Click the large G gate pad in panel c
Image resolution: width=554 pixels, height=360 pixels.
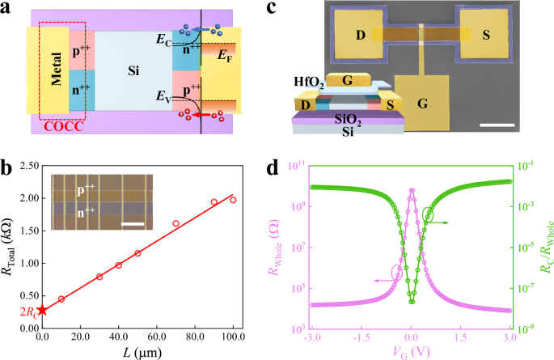pyautogui.click(x=421, y=103)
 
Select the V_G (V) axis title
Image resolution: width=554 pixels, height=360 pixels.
pyautogui.click(x=411, y=352)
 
